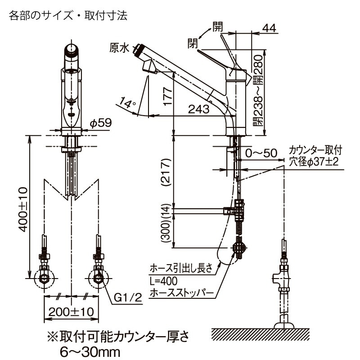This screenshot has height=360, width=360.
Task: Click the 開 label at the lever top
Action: pyautogui.click(x=218, y=26)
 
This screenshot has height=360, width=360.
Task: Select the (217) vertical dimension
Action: pyautogui.click(x=166, y=171)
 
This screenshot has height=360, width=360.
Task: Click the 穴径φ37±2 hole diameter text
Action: pyautogui.click(x=314, y=162)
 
